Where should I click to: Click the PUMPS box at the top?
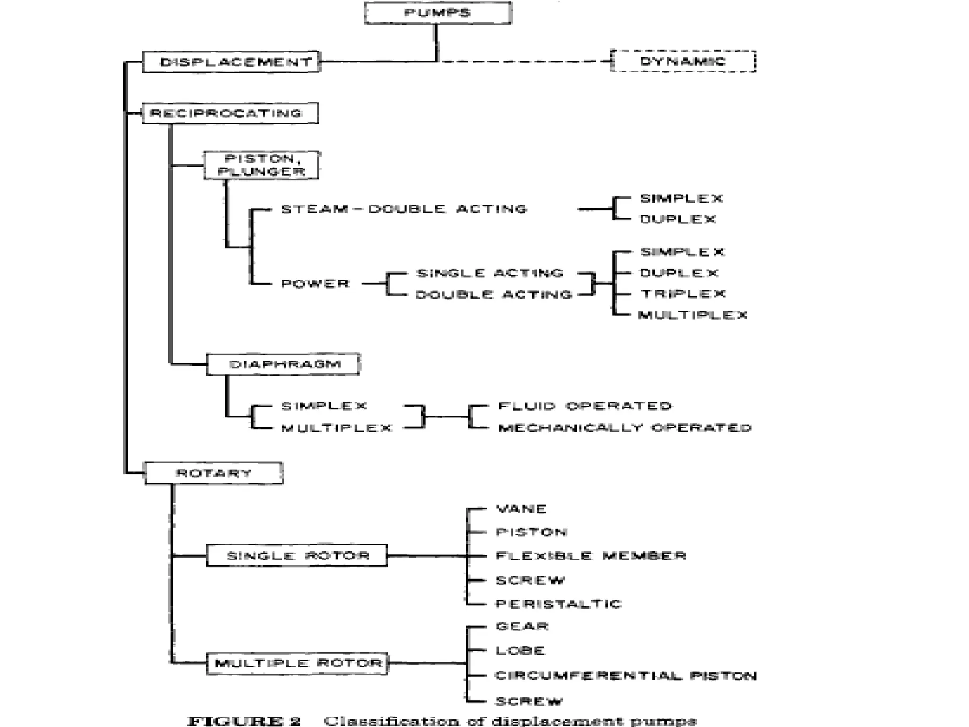tap(438, 13)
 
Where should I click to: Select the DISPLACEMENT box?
tap(231, 62)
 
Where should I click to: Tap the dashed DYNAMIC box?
tap(683, 61)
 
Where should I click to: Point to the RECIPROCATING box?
tap(230, 113)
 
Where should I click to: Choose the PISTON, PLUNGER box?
tap(261, 165)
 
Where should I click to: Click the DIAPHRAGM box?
tap(283, 364)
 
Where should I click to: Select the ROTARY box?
tap(213, 473)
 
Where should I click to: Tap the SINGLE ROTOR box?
tap(297, 556)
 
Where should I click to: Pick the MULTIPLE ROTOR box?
tap(298, 663)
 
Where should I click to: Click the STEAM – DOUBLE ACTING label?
tap(404, 209)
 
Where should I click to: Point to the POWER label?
tap(315, 284)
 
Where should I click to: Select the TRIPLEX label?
tap(683, 293)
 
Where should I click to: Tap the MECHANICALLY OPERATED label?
tap(625, 428)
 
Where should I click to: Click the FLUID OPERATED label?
tap(585, 406)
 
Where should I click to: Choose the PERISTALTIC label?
tap(558, 604)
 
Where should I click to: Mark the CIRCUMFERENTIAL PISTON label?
tap(625, 675)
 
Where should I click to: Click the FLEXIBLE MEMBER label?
tap(590, 556)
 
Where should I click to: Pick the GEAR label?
tap(522, 626)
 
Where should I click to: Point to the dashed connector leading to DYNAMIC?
tap(523, 61)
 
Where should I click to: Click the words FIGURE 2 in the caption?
tap(244, 721)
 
